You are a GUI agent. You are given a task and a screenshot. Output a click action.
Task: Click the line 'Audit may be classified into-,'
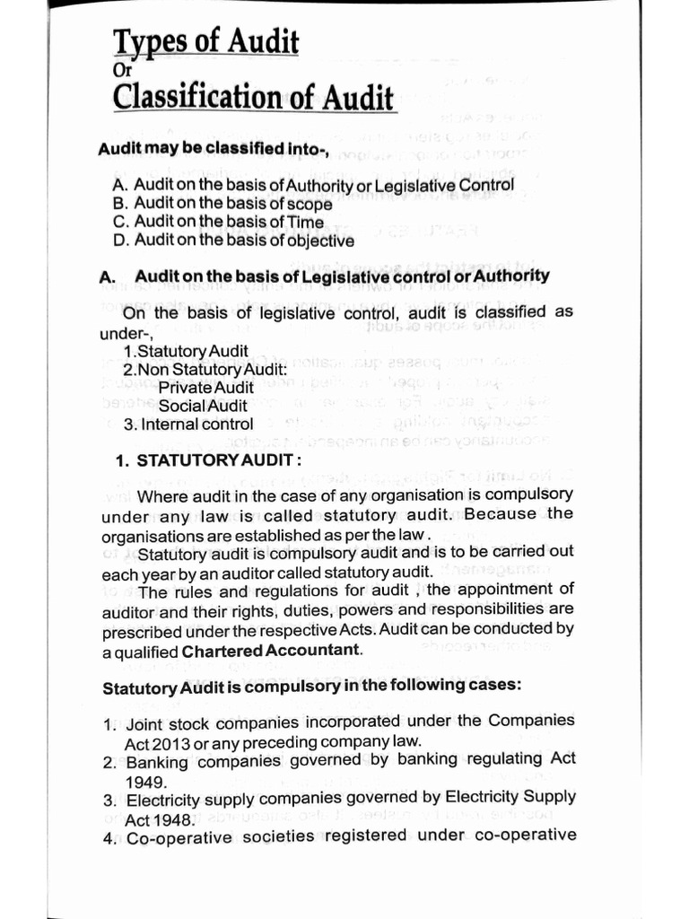[x=209, y=147]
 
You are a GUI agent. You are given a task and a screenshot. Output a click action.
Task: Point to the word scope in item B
[x=310, y=204]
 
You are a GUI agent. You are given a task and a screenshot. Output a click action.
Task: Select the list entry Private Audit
[x=205, y=387]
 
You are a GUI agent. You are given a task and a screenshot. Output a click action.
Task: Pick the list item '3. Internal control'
[x=188, y=424]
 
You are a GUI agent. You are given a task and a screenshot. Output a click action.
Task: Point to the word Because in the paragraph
[x=501, y=514]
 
